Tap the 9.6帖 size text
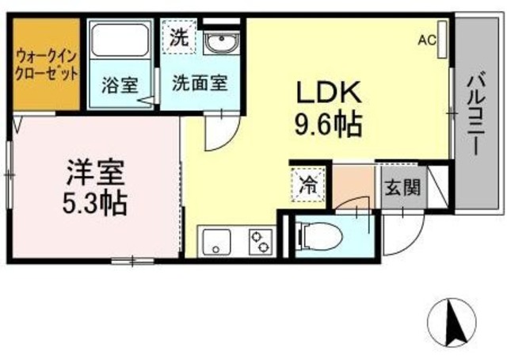[330, 124]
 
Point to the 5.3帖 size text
[94, 201]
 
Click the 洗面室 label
[201, 82]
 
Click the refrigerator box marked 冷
[307, 187]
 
